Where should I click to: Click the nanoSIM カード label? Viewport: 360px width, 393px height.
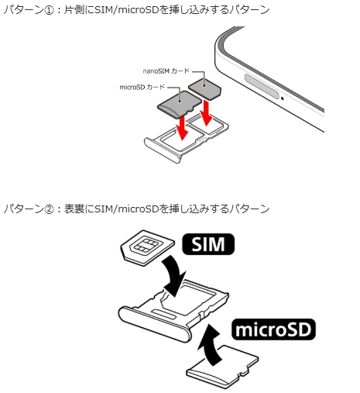pyautogui.click(x=166, y=71)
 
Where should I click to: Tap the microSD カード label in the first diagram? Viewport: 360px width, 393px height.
pyautogui.click(x=142, y=87)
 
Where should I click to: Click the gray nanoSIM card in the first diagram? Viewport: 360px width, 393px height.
pyautogui.click(x=204, y=89)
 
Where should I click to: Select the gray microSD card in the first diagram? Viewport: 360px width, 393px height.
pyautogui.click(x=180, y=104)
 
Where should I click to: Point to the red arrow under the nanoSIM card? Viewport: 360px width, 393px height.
pyautogui.click(x=207, y=113)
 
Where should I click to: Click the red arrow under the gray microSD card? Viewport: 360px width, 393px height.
pyautogui.click(x=182, y=128)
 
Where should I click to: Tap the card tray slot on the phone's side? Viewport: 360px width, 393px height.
pyautogui.click(x=262, y=87)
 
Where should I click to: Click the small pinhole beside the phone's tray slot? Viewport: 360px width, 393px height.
pyautogui.click(x=283, y=98)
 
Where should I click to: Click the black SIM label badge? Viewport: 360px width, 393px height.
pyautogui.click(x=208, y=244)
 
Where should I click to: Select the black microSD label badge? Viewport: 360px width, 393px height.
pyautogui.click(x=273, y=329)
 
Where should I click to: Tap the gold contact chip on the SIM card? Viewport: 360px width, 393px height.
pyautogui.click(x=146, y=245)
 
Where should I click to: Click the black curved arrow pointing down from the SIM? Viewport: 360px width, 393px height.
pyautogui.click(x=173, y=274)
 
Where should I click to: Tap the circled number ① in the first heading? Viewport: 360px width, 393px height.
pyautogui.click(x=49, y=11)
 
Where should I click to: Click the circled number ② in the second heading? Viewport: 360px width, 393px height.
pyautogui.click(x=49, y=209)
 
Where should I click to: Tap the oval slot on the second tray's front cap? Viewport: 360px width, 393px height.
pyautogui.click(x=163, y=314)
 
